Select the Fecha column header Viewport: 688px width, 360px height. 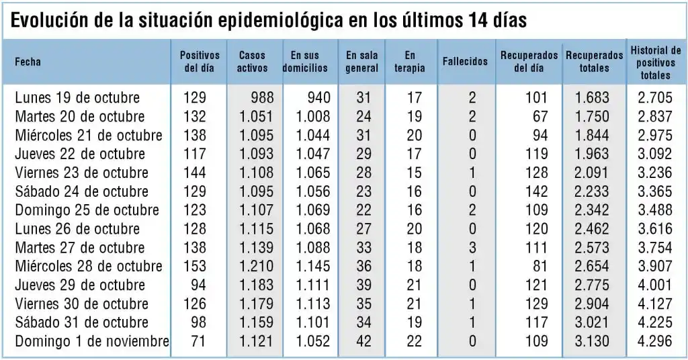[x=28, y=62]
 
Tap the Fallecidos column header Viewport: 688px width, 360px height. [x=465, y=62]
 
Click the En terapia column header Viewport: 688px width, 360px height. [x=410, y=62]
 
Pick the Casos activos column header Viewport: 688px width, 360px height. [x=252, y=62]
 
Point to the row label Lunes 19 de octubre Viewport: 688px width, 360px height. [x=77, y=98]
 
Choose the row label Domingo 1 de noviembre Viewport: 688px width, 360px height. [x=92, y=341]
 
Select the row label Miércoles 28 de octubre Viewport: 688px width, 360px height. [x=89, y=267]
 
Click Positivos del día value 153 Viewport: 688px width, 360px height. [x=194, y=267]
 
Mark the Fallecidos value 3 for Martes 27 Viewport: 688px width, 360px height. [x=472, y=248]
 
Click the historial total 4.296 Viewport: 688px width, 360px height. [x=654, y=341]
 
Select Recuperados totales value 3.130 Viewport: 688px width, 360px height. [x=592, y=341]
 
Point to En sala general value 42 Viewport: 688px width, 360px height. [x=363, y=341]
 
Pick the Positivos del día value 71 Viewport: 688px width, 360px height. [x=198, y=341]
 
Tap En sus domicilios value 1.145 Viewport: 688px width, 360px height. [x=313, y=267]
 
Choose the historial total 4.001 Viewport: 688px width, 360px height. [x=654, y=285]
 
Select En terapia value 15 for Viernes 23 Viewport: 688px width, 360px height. [x=415, y=173]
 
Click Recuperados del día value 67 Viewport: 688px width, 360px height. [x=540, y=117]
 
